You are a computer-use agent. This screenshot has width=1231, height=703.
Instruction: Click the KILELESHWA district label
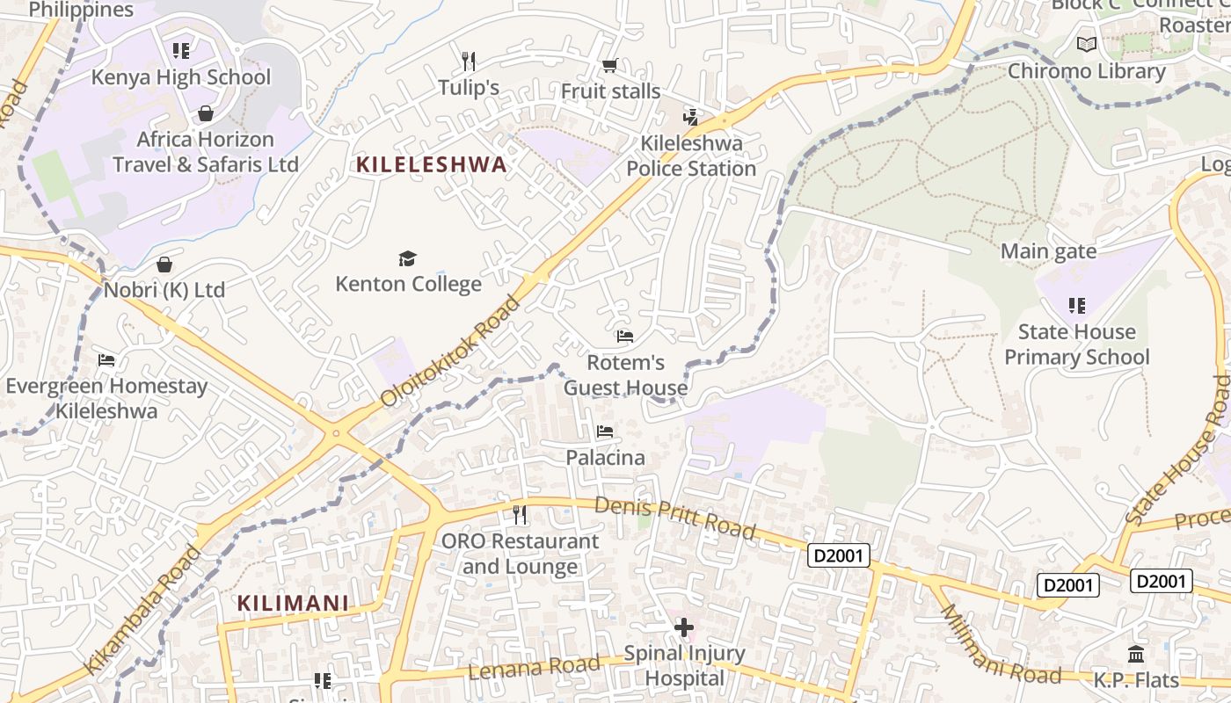(431, 164)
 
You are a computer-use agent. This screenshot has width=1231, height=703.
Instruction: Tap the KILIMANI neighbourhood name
(293, 604)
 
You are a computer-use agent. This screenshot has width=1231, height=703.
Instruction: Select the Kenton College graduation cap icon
(407, 258)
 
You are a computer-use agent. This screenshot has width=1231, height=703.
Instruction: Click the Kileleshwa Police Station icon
(691, 117)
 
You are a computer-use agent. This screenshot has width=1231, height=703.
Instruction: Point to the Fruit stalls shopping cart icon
(609, 65)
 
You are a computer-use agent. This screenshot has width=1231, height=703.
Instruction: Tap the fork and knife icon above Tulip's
(469, 61)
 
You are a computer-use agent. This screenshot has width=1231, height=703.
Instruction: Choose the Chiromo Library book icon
(1087, 44)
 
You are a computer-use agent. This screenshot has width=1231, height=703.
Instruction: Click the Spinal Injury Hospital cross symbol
(683, 627)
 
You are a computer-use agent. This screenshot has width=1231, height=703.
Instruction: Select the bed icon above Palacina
(605, 431)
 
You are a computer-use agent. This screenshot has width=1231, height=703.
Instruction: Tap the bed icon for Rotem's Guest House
(625, 337)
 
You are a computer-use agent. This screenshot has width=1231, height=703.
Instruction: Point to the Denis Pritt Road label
(674, 517)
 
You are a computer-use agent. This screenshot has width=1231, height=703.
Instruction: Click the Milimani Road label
(1000, 646)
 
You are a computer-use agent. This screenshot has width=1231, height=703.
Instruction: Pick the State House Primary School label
(1076, 344)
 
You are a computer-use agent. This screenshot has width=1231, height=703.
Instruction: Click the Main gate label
(1048, 252)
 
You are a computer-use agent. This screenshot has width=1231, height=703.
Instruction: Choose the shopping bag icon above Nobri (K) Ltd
(164, 265)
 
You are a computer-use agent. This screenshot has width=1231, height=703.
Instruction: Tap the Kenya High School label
(181, 77)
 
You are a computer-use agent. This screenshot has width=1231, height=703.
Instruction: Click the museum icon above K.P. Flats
(1135, 655)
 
